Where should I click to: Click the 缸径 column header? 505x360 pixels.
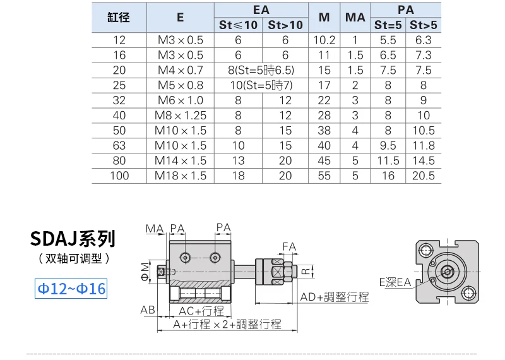(119, 18)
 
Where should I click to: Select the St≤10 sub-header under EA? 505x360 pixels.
(238, 25)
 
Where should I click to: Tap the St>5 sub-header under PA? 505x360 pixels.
(424, 25)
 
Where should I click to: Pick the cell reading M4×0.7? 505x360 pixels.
(181, 70)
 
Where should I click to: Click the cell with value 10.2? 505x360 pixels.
(324, 40)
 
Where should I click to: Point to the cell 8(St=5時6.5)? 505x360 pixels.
(261, 70)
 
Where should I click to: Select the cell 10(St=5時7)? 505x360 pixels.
(261, 85)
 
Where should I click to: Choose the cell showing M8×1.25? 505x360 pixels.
(181, 116)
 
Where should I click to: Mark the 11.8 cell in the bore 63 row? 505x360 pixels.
(424, 146)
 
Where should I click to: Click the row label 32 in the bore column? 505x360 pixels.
(119, 100)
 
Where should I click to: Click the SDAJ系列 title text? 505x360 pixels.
(73, 238)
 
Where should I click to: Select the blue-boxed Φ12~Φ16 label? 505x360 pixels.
(71, 289)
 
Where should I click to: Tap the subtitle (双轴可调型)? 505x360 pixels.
(73, 258)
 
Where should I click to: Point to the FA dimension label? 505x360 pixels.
(289, 246)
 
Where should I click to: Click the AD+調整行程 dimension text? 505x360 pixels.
(334, 297)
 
